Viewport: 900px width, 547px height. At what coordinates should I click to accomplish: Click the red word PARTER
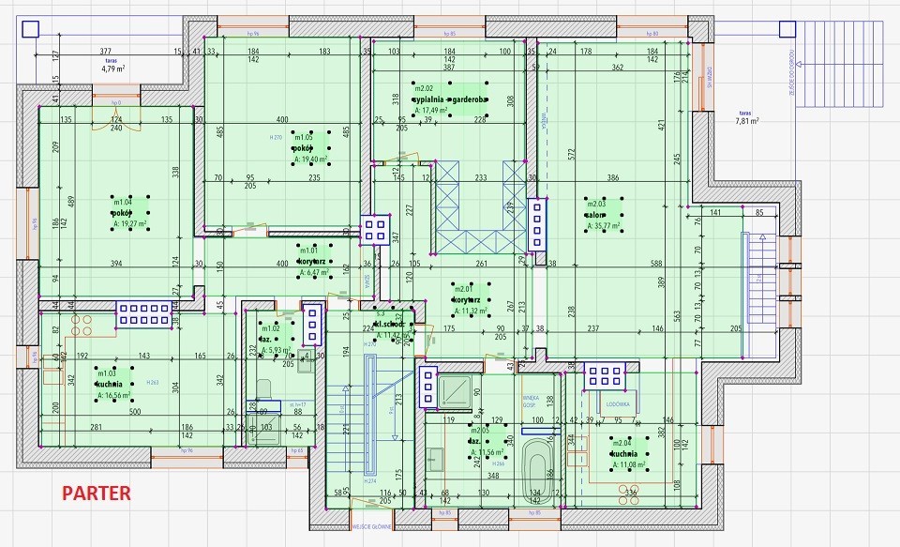click(97, 492)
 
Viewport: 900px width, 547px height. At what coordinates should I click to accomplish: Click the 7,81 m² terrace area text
click(747, 120)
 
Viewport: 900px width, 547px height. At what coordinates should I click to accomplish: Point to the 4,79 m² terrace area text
click(113, 68)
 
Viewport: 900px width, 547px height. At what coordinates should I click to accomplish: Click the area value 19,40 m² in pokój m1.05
click(310, 160)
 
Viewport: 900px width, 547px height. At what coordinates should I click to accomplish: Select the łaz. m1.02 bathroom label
click(268, 340)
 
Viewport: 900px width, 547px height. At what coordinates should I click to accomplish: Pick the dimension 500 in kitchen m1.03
click(135, 412)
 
